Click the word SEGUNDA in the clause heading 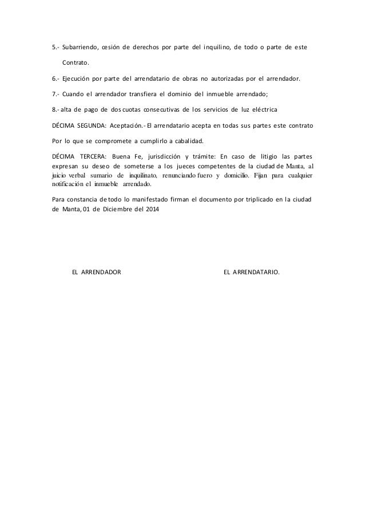[97, 124]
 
